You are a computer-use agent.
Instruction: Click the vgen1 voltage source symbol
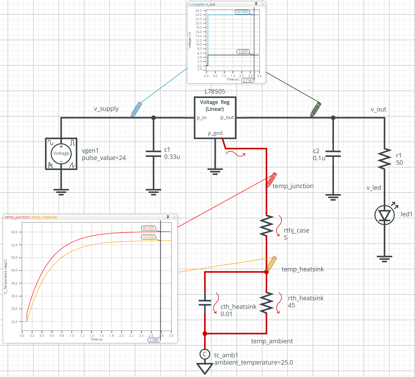61,154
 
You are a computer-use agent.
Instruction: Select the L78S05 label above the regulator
215,91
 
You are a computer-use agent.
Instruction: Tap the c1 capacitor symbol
154,154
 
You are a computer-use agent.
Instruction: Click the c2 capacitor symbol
333,154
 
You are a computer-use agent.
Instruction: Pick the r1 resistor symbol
384,159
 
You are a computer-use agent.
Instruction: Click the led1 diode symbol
384,215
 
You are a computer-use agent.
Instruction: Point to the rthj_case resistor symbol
267,226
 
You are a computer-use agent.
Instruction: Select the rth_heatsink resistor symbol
267,302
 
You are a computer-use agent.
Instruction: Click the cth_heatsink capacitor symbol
205,303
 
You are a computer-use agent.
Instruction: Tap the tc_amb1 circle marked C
205,354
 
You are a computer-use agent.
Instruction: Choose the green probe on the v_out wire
316,109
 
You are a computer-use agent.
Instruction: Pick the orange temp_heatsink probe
271,263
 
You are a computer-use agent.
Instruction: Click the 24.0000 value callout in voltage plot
242,12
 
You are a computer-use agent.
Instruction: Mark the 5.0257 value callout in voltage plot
243,52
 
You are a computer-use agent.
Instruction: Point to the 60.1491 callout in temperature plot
148,228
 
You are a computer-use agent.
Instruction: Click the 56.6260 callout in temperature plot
148,237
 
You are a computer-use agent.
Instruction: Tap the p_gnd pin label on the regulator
215,133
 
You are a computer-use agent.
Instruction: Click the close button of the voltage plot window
262,4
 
